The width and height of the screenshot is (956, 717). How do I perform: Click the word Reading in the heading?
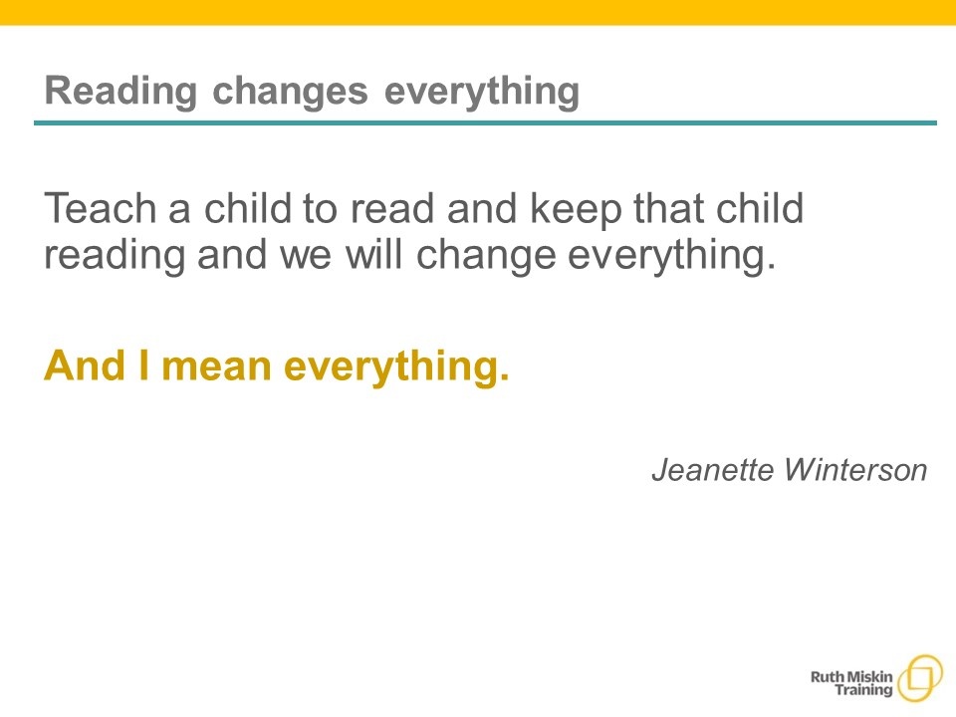(120, 92)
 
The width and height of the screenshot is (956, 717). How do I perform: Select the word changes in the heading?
(290, 91)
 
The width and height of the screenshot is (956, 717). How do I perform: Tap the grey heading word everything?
(482, 92)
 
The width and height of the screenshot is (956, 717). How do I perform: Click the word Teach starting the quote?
(100, 208)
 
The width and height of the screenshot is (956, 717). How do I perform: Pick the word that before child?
(668, 208)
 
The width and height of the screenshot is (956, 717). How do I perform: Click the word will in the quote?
(373, 254)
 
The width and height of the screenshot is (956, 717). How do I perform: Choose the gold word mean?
(216, 367)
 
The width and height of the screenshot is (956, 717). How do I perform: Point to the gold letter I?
(143, 365)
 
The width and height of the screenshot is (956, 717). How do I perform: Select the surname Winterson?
(855, 469)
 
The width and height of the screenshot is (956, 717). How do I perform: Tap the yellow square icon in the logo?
(920, 678)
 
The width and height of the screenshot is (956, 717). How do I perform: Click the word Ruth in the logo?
(827, 677)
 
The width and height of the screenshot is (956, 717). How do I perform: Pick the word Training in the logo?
(863, 691)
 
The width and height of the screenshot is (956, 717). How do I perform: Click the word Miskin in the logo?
(869, 677)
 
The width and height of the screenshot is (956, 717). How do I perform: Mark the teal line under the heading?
(485, 122)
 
